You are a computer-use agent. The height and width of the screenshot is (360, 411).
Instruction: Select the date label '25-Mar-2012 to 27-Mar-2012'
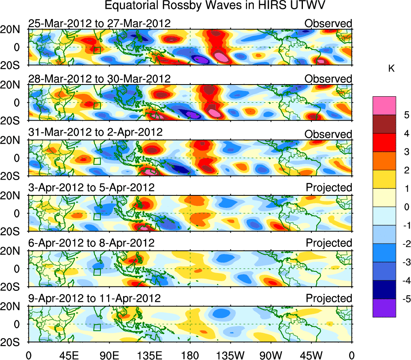click(99, 23)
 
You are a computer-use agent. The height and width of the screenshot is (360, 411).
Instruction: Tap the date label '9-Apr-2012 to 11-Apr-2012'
click(94, 299)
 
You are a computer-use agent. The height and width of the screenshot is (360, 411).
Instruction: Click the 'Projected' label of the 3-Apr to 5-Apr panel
click(329, 188)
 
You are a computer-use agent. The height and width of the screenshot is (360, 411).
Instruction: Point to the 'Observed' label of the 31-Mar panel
click(328, 134)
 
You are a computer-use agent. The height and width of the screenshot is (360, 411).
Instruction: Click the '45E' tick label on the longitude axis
click(68, 355)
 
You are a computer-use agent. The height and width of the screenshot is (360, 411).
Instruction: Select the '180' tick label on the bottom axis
click(190, 355)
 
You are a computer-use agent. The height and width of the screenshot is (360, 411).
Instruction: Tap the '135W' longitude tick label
click(230, 355)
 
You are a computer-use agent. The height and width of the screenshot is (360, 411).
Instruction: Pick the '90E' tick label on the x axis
click(109, 355)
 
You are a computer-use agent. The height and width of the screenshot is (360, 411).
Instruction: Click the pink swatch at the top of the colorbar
click(384, 106)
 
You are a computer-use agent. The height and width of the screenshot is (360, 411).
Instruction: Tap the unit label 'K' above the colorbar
click(391, 69)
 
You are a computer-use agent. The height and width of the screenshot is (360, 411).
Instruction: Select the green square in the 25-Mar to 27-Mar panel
click(97, 50)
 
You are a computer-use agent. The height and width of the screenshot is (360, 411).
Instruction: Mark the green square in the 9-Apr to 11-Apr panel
click(97, 327)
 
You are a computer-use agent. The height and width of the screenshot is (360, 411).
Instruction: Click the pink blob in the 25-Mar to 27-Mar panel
click(221, 57)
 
